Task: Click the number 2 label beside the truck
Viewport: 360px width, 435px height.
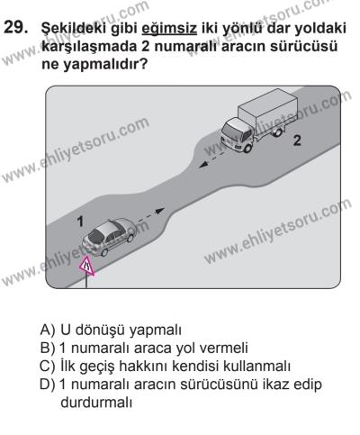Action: [x=293, y=141]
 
